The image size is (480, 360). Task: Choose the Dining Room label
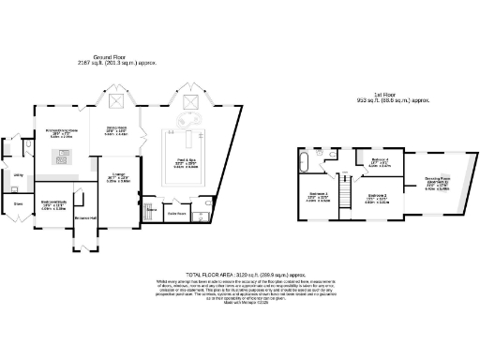point(115,128)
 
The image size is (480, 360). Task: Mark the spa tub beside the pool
point(187,122)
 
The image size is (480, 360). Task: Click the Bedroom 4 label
point(380,160)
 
